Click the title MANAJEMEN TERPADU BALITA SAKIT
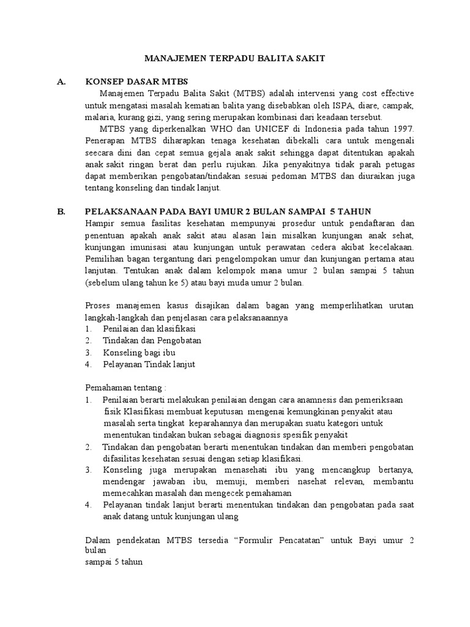(x=234, y=58)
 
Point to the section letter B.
(x=61, y=211)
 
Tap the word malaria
(x=97, y=117)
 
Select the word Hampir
(x=99, y=223)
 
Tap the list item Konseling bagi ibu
(x=140, y=353)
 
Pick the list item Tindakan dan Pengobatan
(x=152, y=340)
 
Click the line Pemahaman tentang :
(x=125, y=388)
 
